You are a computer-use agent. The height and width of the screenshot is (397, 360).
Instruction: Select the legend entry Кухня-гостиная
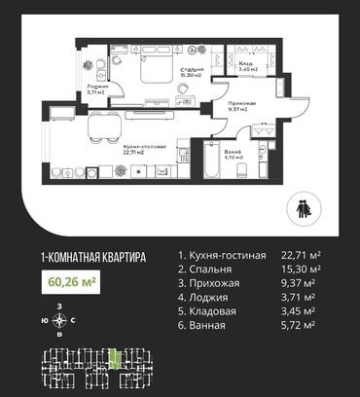[222, 256]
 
